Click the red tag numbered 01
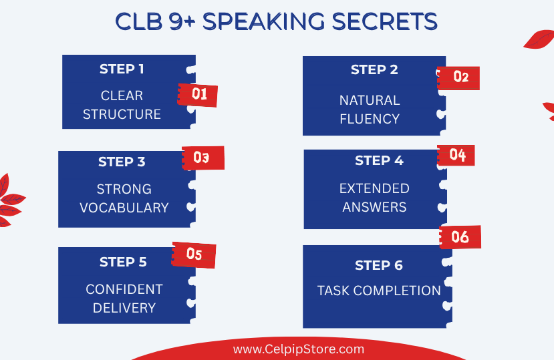click(x=198, y=95)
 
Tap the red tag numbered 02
click(x=458, y=77)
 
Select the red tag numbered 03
click(x=203, y=158)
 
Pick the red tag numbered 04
click(x=456, y=155)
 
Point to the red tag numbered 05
click(x=194, y=254)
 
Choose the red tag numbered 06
click(x=460, y=237)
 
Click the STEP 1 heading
click(x=122, y=69)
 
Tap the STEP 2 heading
click(x=374, y=69)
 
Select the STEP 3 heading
click(x=122, y=162)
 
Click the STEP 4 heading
click(x=379, y=160)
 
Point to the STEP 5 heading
click(x=123, y=262)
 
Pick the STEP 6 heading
click(x=379, y=265)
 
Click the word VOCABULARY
click(x=124, y=208)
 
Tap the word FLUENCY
click(x=370, y=119)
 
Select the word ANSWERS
click(x=374, y=207)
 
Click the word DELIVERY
click(x=124, y=308)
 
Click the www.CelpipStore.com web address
click(x=299, y=349)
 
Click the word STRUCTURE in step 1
click(x=122, y=114)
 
